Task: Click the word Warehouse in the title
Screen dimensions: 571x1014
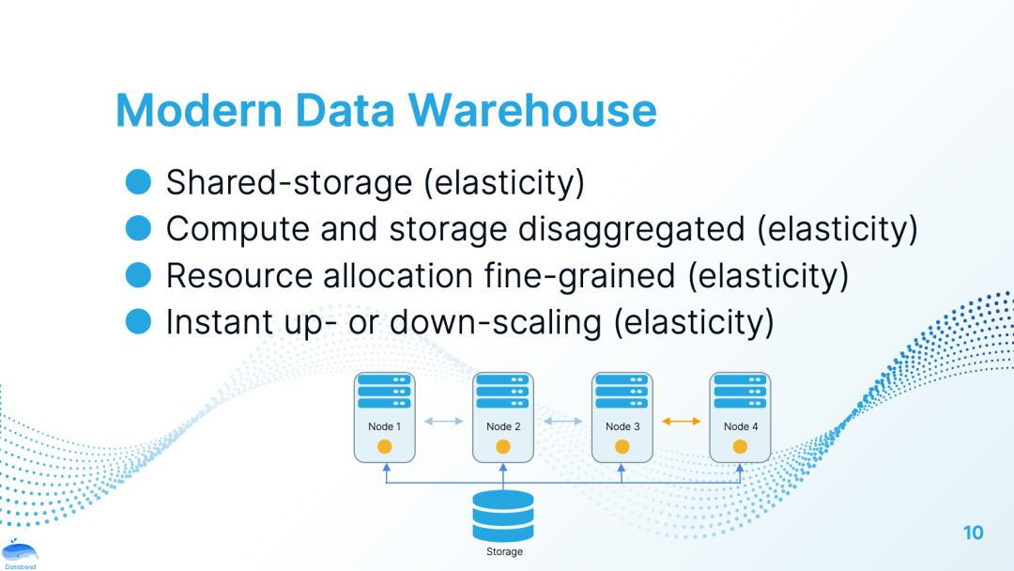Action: [532, 111]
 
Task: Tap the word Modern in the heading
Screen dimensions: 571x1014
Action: [198, 111]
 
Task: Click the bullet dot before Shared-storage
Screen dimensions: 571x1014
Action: [139, 181]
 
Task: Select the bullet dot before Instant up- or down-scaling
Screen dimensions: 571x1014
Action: [139, 322]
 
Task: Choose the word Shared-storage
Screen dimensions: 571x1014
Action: [288, 182]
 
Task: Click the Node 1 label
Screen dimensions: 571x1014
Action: [384, 426]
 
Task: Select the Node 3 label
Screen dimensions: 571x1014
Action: [622, 426]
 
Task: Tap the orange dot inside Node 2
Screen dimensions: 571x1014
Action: [503, 446]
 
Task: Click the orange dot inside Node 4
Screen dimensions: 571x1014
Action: [740, 446]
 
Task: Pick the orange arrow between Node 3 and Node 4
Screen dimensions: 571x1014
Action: [681, 422]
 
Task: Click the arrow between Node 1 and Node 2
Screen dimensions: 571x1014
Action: [444, 422]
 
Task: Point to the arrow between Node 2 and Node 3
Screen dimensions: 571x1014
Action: [562, 422]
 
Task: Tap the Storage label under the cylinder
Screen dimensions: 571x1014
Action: [504, 551]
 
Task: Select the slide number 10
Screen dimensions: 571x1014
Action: [974, 532]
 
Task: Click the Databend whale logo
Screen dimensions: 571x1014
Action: [19, 554]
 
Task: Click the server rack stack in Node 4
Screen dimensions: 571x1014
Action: [740, 392]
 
